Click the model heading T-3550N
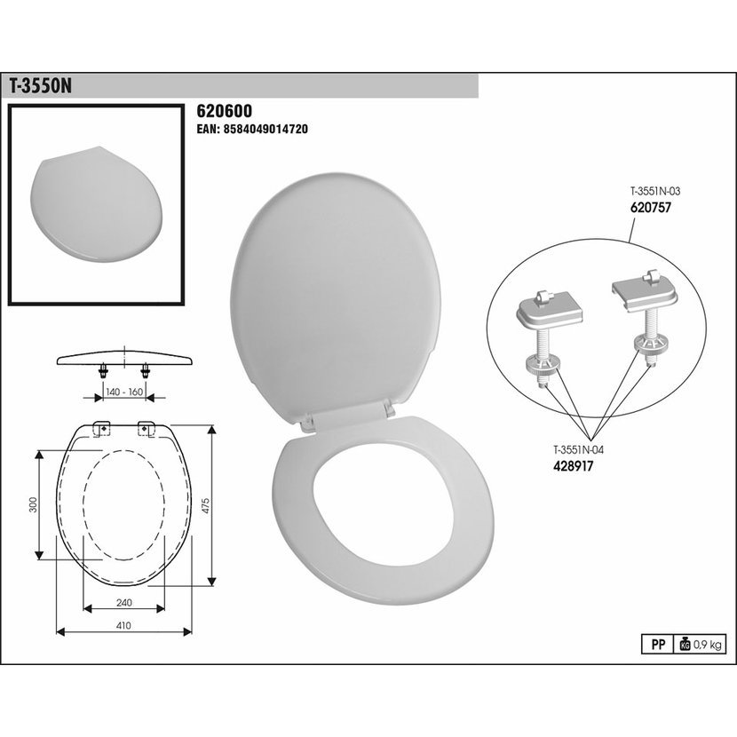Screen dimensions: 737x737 pos(41,86)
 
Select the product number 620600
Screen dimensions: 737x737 pos(224,111)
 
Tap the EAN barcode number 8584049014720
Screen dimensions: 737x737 pos(252,129)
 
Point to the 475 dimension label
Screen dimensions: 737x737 pos(205,505)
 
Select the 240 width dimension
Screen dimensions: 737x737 pos(123,602)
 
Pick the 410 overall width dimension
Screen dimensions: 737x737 pos(123,626)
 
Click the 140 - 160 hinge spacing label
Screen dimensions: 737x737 pos(124,392)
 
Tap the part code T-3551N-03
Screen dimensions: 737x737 pos(655,191)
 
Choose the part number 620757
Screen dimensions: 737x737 pos(651,207)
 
